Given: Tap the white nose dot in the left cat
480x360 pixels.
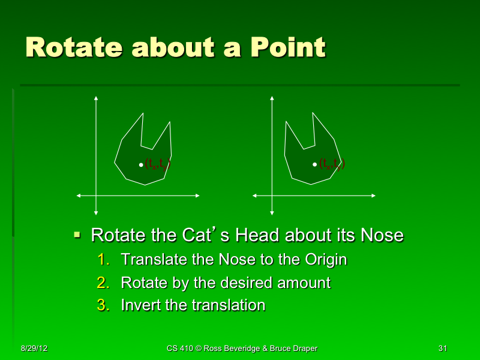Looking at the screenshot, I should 141,164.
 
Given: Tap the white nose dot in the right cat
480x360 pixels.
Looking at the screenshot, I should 314,163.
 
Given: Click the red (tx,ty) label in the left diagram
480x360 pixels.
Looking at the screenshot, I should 158,164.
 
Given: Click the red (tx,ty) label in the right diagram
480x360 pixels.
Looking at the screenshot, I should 332,164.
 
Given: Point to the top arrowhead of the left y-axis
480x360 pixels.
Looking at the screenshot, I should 95,97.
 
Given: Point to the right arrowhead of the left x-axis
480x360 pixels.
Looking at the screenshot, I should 197,196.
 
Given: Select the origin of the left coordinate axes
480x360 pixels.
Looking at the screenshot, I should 95,196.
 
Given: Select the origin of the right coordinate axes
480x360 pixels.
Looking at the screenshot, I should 272,196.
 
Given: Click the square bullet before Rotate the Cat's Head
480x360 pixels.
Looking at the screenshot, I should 77,235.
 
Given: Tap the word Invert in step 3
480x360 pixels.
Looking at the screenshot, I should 141,305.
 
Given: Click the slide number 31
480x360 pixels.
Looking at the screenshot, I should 443,349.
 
